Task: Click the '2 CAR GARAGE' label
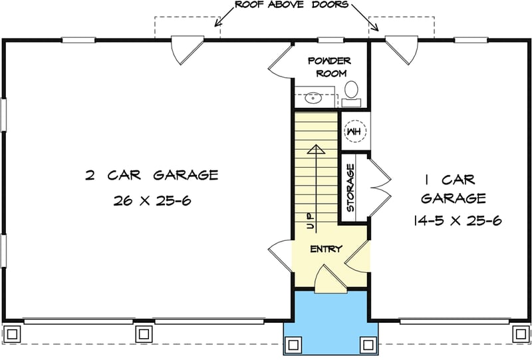tap(152, 176)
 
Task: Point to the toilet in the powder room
tap(352, 93)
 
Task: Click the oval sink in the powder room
tap(313, 99)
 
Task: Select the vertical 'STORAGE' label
tap(350, 188)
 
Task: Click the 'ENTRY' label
tap(325, 250)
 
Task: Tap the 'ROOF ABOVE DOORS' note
tap(292, 5)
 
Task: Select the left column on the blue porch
tap(292, 345)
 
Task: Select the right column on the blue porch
tap(368, 345)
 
